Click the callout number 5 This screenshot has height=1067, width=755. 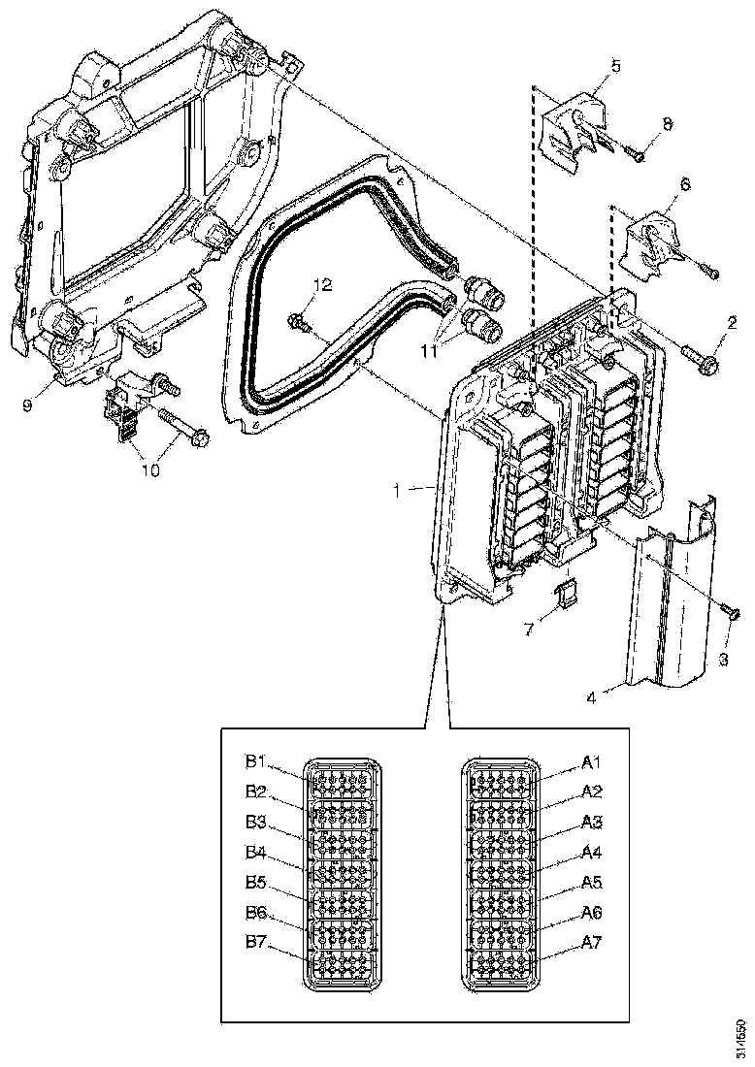(x=589, y=66)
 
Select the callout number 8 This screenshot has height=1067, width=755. (x=666, y=124)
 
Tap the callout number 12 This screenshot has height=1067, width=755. (x=322, y=284)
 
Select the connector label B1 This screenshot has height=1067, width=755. (x=256, y=760)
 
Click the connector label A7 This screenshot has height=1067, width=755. (x=593, y=942)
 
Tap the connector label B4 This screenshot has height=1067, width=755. (x=256, y=853)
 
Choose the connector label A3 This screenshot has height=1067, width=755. (x=593, y=822)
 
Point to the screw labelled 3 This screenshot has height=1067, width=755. (x=730, y=610)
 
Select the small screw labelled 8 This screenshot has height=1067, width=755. (x=637, y=153)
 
